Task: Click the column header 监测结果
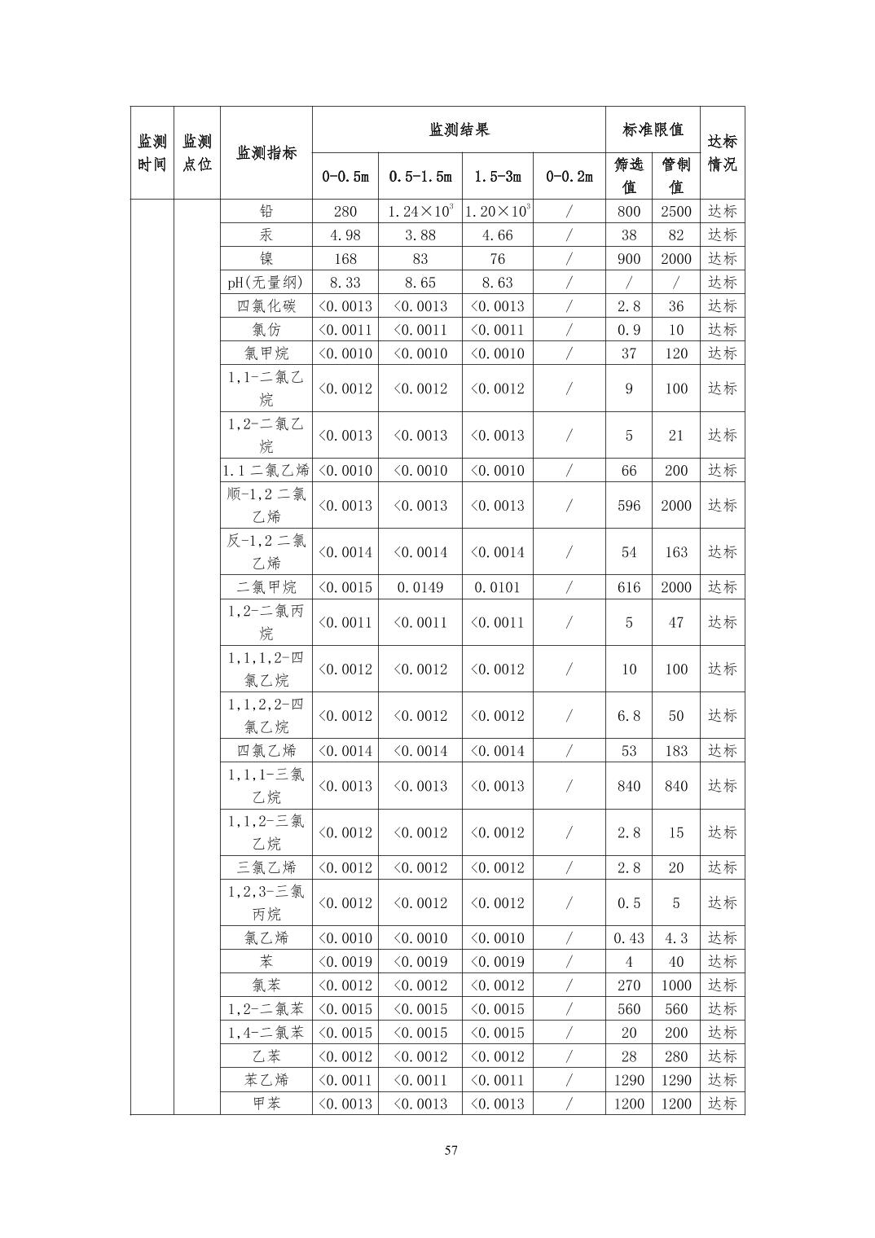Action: [459, 130]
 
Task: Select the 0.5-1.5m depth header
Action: [420, 176]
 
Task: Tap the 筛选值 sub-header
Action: [628, 176]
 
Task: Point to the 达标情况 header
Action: [722, 152]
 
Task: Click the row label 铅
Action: [266, 212]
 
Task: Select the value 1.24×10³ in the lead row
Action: [420, 212]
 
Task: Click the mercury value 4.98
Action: [345, 235]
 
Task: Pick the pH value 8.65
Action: [420, 283]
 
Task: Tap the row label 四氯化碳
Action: [266, 306]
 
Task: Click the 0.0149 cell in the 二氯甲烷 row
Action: [420, 587]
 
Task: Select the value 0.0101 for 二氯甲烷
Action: [497, 587]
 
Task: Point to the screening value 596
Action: [628, 506]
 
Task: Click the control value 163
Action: [675, 552]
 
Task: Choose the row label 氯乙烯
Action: [266, 938]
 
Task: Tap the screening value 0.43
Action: [628, 938]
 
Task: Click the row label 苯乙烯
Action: [266, 1080]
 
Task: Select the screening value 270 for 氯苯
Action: [628, 986]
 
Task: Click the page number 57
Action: [451, 1151]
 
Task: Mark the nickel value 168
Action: [345, 259]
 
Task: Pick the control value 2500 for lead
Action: [675, 212]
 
